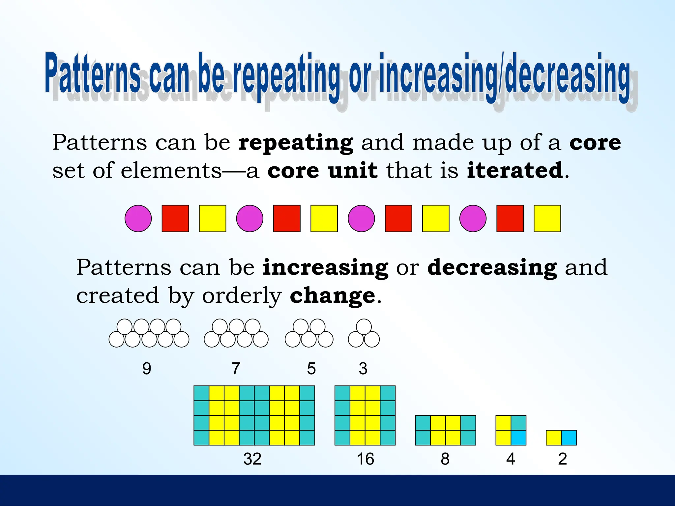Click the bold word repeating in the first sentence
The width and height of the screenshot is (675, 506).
click(x=296, y=143)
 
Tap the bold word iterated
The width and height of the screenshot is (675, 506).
click(x=515, y=170)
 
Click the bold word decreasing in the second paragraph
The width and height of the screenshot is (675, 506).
click(x=492, y=267)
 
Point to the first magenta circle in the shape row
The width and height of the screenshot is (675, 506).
click(x=138, y=218)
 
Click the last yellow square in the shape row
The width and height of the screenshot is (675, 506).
click(x=547, y=218)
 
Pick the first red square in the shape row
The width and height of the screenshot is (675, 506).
click(x=175, y=218)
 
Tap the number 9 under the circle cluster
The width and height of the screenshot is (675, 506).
click(x=147, y=368)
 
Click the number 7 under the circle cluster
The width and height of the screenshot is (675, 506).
click(x=236, y=368)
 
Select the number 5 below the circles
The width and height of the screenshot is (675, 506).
click(x=311, y=368)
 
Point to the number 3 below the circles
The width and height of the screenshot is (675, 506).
click(x=363, y=368)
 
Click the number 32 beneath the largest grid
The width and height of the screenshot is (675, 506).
click(x=252, y=459)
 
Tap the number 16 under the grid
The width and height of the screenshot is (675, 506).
click(x=365, y=459)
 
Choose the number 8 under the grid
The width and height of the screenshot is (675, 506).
click(x=445, y=459)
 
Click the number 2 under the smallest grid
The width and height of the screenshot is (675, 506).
click(x=562, y=459)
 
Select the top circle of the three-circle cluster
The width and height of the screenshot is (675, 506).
click(x=364, y=327)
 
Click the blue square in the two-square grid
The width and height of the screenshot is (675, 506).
click(x=569, y=438)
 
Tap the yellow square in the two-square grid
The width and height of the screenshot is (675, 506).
click(x=554, y=438)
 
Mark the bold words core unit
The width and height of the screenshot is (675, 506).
click(x=322, y=170)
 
